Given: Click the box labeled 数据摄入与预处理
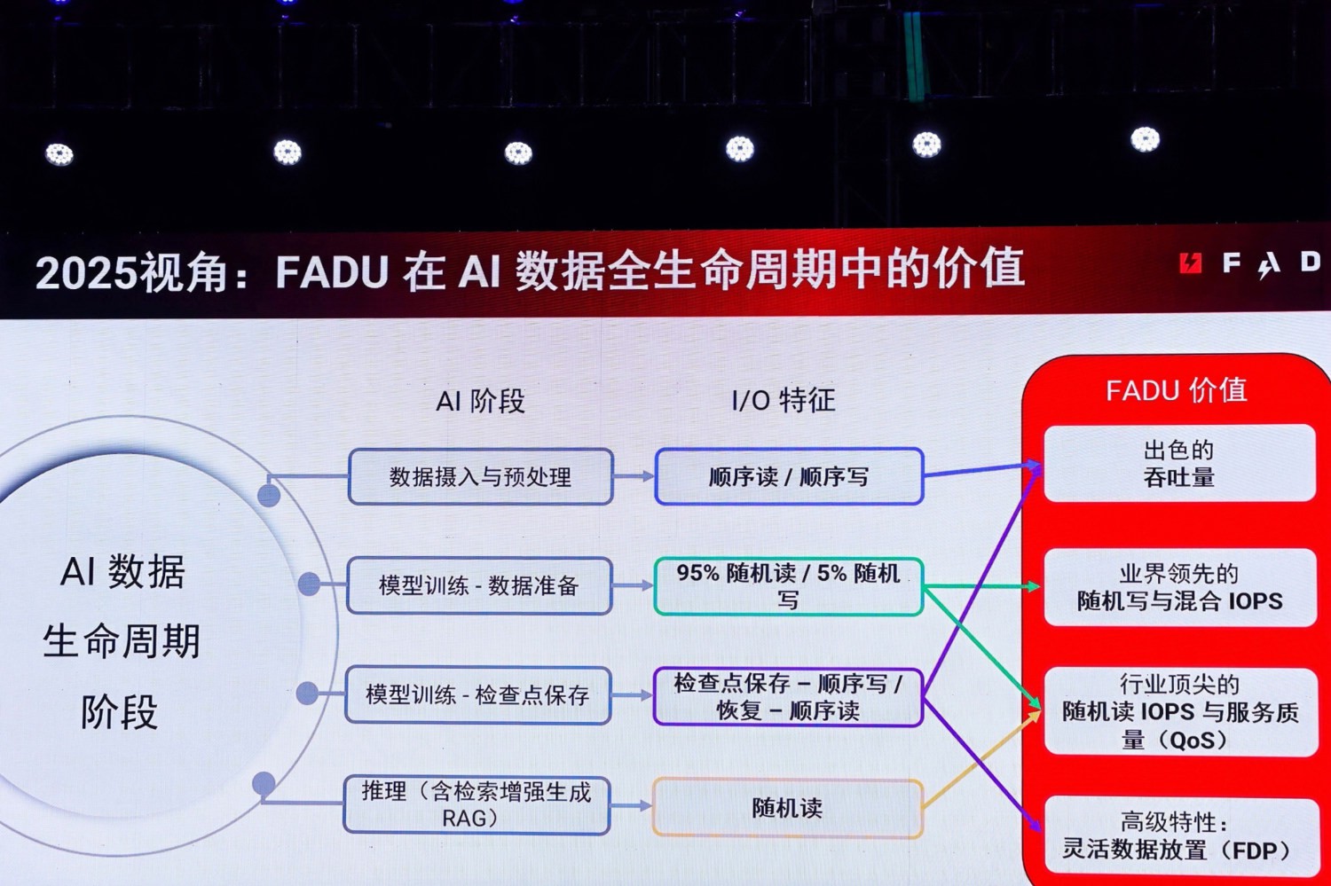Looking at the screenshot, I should [x=480, y=477].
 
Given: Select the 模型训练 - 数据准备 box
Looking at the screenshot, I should [x=479, y=586].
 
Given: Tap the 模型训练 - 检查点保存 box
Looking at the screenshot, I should [x=478, y=695].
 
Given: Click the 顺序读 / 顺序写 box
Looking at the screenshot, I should [x=789, y=477].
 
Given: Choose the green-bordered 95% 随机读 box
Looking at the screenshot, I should [x=789, y=586].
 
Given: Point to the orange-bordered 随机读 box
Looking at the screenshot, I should [x=787, y=808].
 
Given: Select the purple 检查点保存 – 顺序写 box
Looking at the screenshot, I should [x=788, y=697].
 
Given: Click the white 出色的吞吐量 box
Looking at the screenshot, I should [x=1179, y=464].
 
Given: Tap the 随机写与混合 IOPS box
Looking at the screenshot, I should [x=1179, y=588].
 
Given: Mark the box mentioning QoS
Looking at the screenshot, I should [x=1179, y=712].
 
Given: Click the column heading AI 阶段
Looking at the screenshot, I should [x=480, y=401].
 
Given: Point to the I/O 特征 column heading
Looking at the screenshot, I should [x=784, y=400].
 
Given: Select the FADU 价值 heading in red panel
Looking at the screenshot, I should [x=1176, y=390].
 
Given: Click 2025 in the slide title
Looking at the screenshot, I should [x=87, y=273].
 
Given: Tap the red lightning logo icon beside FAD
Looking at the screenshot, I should [x=1190, y=263].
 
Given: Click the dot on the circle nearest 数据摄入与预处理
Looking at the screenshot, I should [x=269, y=495].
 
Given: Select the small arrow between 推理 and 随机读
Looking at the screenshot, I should [x=632, y=805].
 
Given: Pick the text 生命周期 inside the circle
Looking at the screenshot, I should [x=122, y=641].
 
